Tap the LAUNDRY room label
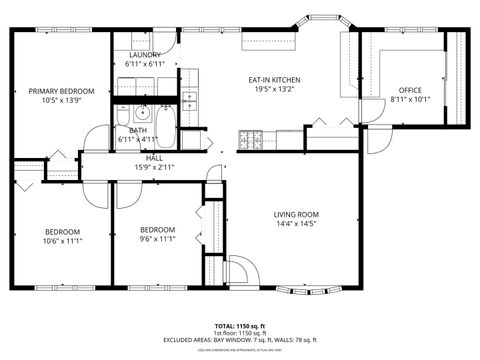point(145,55)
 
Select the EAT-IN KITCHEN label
point(274,80)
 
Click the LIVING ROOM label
point(296,214)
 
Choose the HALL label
point(154,157)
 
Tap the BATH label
point(138,130)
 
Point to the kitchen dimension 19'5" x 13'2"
point(274,90)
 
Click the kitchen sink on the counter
point(188,99)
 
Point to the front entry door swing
point(240,270)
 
